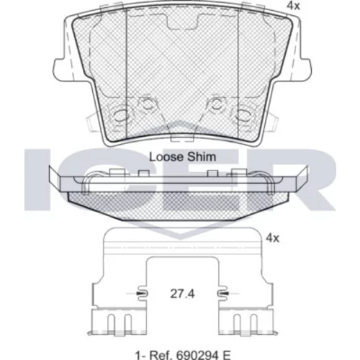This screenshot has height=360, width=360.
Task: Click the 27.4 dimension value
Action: (182, 294)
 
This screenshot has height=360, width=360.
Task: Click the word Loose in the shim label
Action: (166, 157)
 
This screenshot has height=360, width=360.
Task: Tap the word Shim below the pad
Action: (202, 157)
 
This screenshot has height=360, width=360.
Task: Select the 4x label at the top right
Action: (294, 6)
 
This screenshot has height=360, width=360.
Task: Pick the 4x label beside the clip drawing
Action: (273, 238)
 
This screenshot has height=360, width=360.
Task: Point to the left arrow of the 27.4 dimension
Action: (138, 293)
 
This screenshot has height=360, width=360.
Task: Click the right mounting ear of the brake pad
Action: (305, 70)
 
